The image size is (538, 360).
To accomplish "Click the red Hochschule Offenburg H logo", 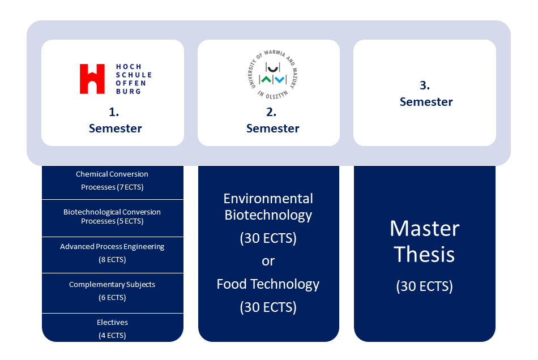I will point(92,79).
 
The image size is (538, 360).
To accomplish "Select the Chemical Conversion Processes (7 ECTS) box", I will point(113,181).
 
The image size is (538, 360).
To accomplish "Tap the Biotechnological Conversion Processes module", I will point(113,217).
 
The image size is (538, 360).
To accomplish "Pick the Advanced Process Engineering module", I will point(113,253).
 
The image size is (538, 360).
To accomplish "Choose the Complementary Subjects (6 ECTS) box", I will point(113,291).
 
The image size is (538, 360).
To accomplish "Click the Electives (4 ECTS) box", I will point(113,328).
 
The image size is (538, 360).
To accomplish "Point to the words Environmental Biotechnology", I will point(268,207).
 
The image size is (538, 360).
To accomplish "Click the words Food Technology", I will point(268,284).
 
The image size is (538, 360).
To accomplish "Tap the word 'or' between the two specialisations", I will point(268,261).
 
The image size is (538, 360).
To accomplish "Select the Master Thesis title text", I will point(425,241).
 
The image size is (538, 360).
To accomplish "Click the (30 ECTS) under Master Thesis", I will point(425,286).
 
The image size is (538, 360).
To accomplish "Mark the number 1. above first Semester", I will point(114,112).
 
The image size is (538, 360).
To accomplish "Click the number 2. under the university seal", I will point(271,112).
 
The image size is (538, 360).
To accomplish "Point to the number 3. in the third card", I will point(425,85).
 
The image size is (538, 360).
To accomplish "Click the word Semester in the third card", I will point(426,102).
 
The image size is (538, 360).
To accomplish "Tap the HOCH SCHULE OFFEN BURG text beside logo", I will point(133,79).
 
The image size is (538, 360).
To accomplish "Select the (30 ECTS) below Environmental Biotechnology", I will point(268,238).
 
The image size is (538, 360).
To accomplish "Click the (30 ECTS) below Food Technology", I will point(268,307).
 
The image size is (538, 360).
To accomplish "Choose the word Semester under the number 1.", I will point(115,128).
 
